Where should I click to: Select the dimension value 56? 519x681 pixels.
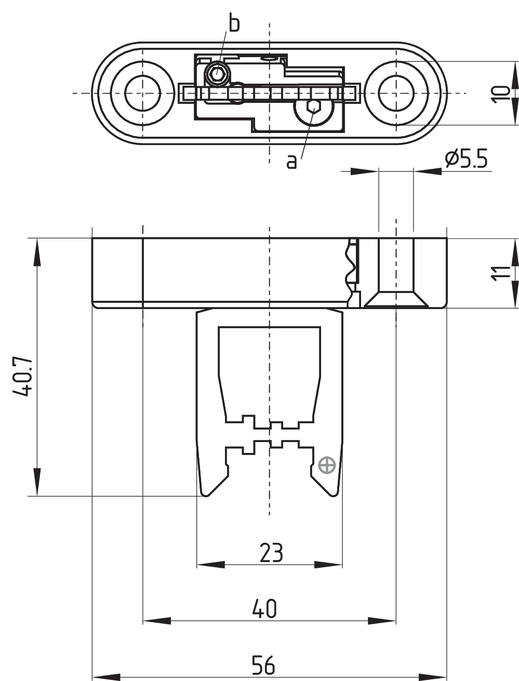263,665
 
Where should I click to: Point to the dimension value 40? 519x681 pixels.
264,609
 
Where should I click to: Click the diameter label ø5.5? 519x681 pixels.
466,159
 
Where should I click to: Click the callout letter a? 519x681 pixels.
292,162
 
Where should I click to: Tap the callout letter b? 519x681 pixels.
234,24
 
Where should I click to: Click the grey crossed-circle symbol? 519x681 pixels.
327,465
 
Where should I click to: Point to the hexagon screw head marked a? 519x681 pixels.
313,108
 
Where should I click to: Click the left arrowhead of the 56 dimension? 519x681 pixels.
104,677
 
